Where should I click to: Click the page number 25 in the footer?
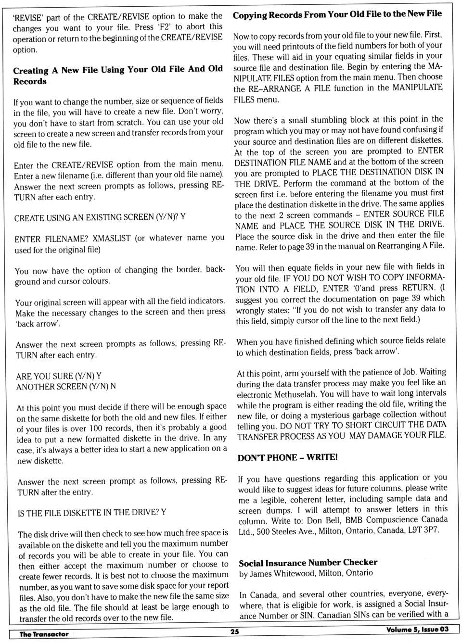point(234,631)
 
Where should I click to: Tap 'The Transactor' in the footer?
point(44,634)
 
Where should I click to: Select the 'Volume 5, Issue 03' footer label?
point(417,630)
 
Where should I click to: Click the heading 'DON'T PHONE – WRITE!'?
point(287,457)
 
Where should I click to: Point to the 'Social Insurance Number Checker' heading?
point(308,562)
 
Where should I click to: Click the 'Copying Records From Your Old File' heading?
point(337,14)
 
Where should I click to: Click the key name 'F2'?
point(163,27)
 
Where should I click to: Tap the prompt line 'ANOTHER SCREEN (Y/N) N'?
point(66,386)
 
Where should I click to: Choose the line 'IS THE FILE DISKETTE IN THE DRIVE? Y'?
point(92,513)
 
